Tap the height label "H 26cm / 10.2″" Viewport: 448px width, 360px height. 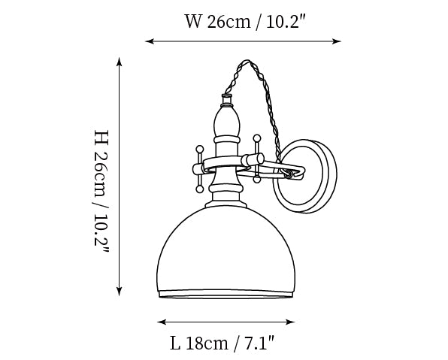101,192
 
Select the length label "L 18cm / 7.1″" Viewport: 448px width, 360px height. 222,343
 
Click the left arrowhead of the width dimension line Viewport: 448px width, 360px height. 150,41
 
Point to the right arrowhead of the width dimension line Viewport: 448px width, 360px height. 337,41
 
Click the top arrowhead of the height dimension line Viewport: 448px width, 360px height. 120,62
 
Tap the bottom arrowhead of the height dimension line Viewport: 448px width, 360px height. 120,291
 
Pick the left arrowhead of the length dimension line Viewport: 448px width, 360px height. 162,322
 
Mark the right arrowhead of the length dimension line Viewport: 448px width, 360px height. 290,322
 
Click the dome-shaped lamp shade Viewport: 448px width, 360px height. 226,252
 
